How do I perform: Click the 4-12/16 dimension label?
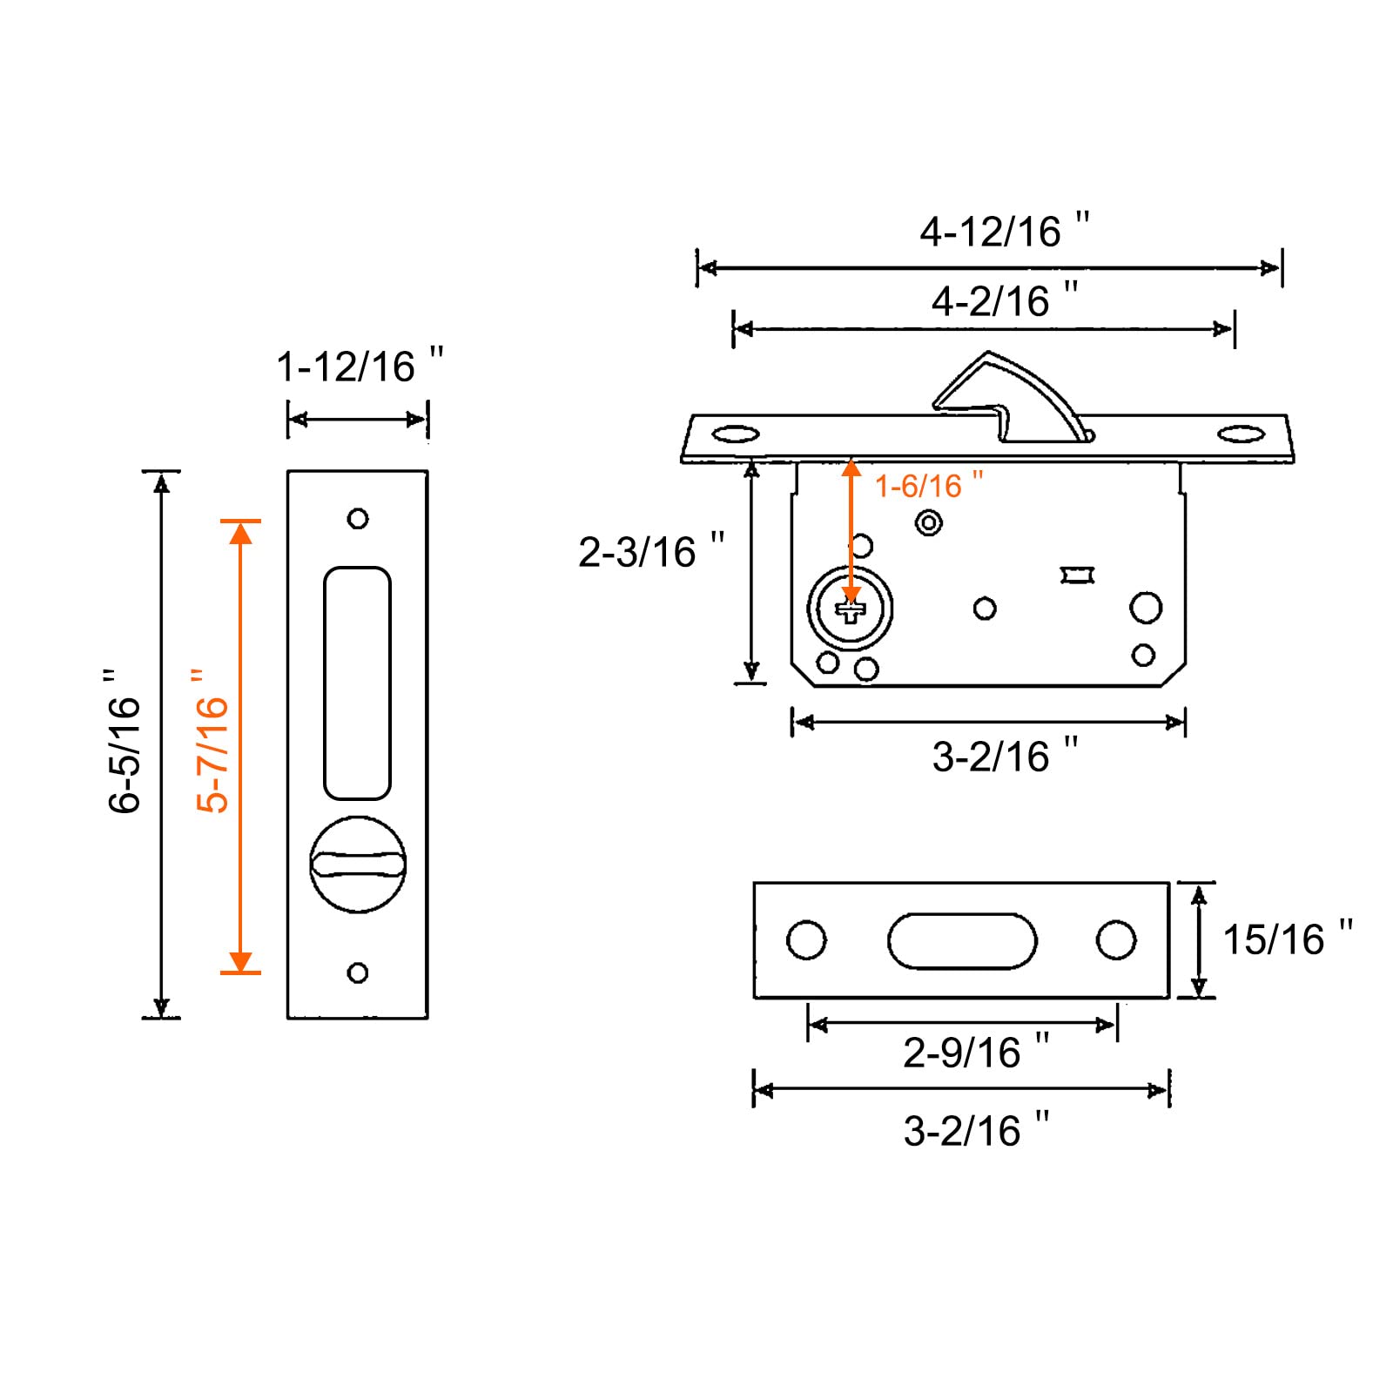[x=1004, y=231]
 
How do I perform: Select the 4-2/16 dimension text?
[x=1004, y=300]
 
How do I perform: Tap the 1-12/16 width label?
[x=360, y=366]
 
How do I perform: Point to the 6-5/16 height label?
[x=124, y=741]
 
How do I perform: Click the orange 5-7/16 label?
[x=212, y=741]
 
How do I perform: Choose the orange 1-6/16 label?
[x=929, y=485]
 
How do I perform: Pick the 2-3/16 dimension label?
[x=651, y=551]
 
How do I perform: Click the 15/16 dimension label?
[x=1288, y=939]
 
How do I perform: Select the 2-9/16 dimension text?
[x=976, y=1052]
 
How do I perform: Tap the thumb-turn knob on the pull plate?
[x=358, y=864]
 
